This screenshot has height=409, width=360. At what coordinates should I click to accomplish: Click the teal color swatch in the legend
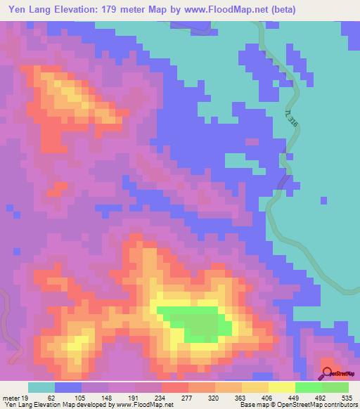click(x=41, y=387)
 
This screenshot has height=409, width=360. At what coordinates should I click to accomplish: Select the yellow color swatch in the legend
click(x=281, y=387)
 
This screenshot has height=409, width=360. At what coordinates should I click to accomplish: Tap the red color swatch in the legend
click(x=174, y=387)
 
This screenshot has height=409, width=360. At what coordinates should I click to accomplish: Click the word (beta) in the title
click(x=281, y=10)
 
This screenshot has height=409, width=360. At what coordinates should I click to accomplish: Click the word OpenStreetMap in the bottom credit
click(x=288, y=405)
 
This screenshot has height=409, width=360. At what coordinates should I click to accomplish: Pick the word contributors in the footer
click(x=335, y=405)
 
